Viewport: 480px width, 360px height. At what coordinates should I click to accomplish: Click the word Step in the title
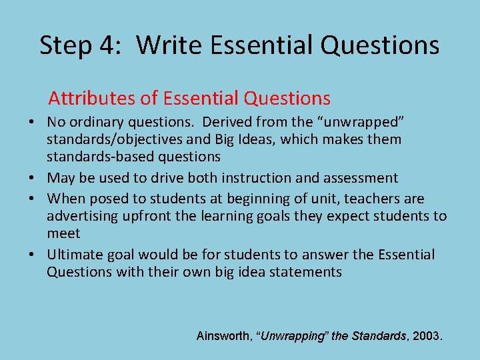point(67,45)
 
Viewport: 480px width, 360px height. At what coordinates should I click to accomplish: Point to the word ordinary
point(97,123)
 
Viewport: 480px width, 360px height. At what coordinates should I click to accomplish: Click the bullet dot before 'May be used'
point(31,179)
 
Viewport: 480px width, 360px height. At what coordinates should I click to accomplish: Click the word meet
point(63,233)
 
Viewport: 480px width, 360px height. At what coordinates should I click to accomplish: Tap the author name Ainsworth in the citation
point(223,336)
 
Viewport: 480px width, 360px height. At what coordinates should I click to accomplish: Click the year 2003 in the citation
point(426,336)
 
